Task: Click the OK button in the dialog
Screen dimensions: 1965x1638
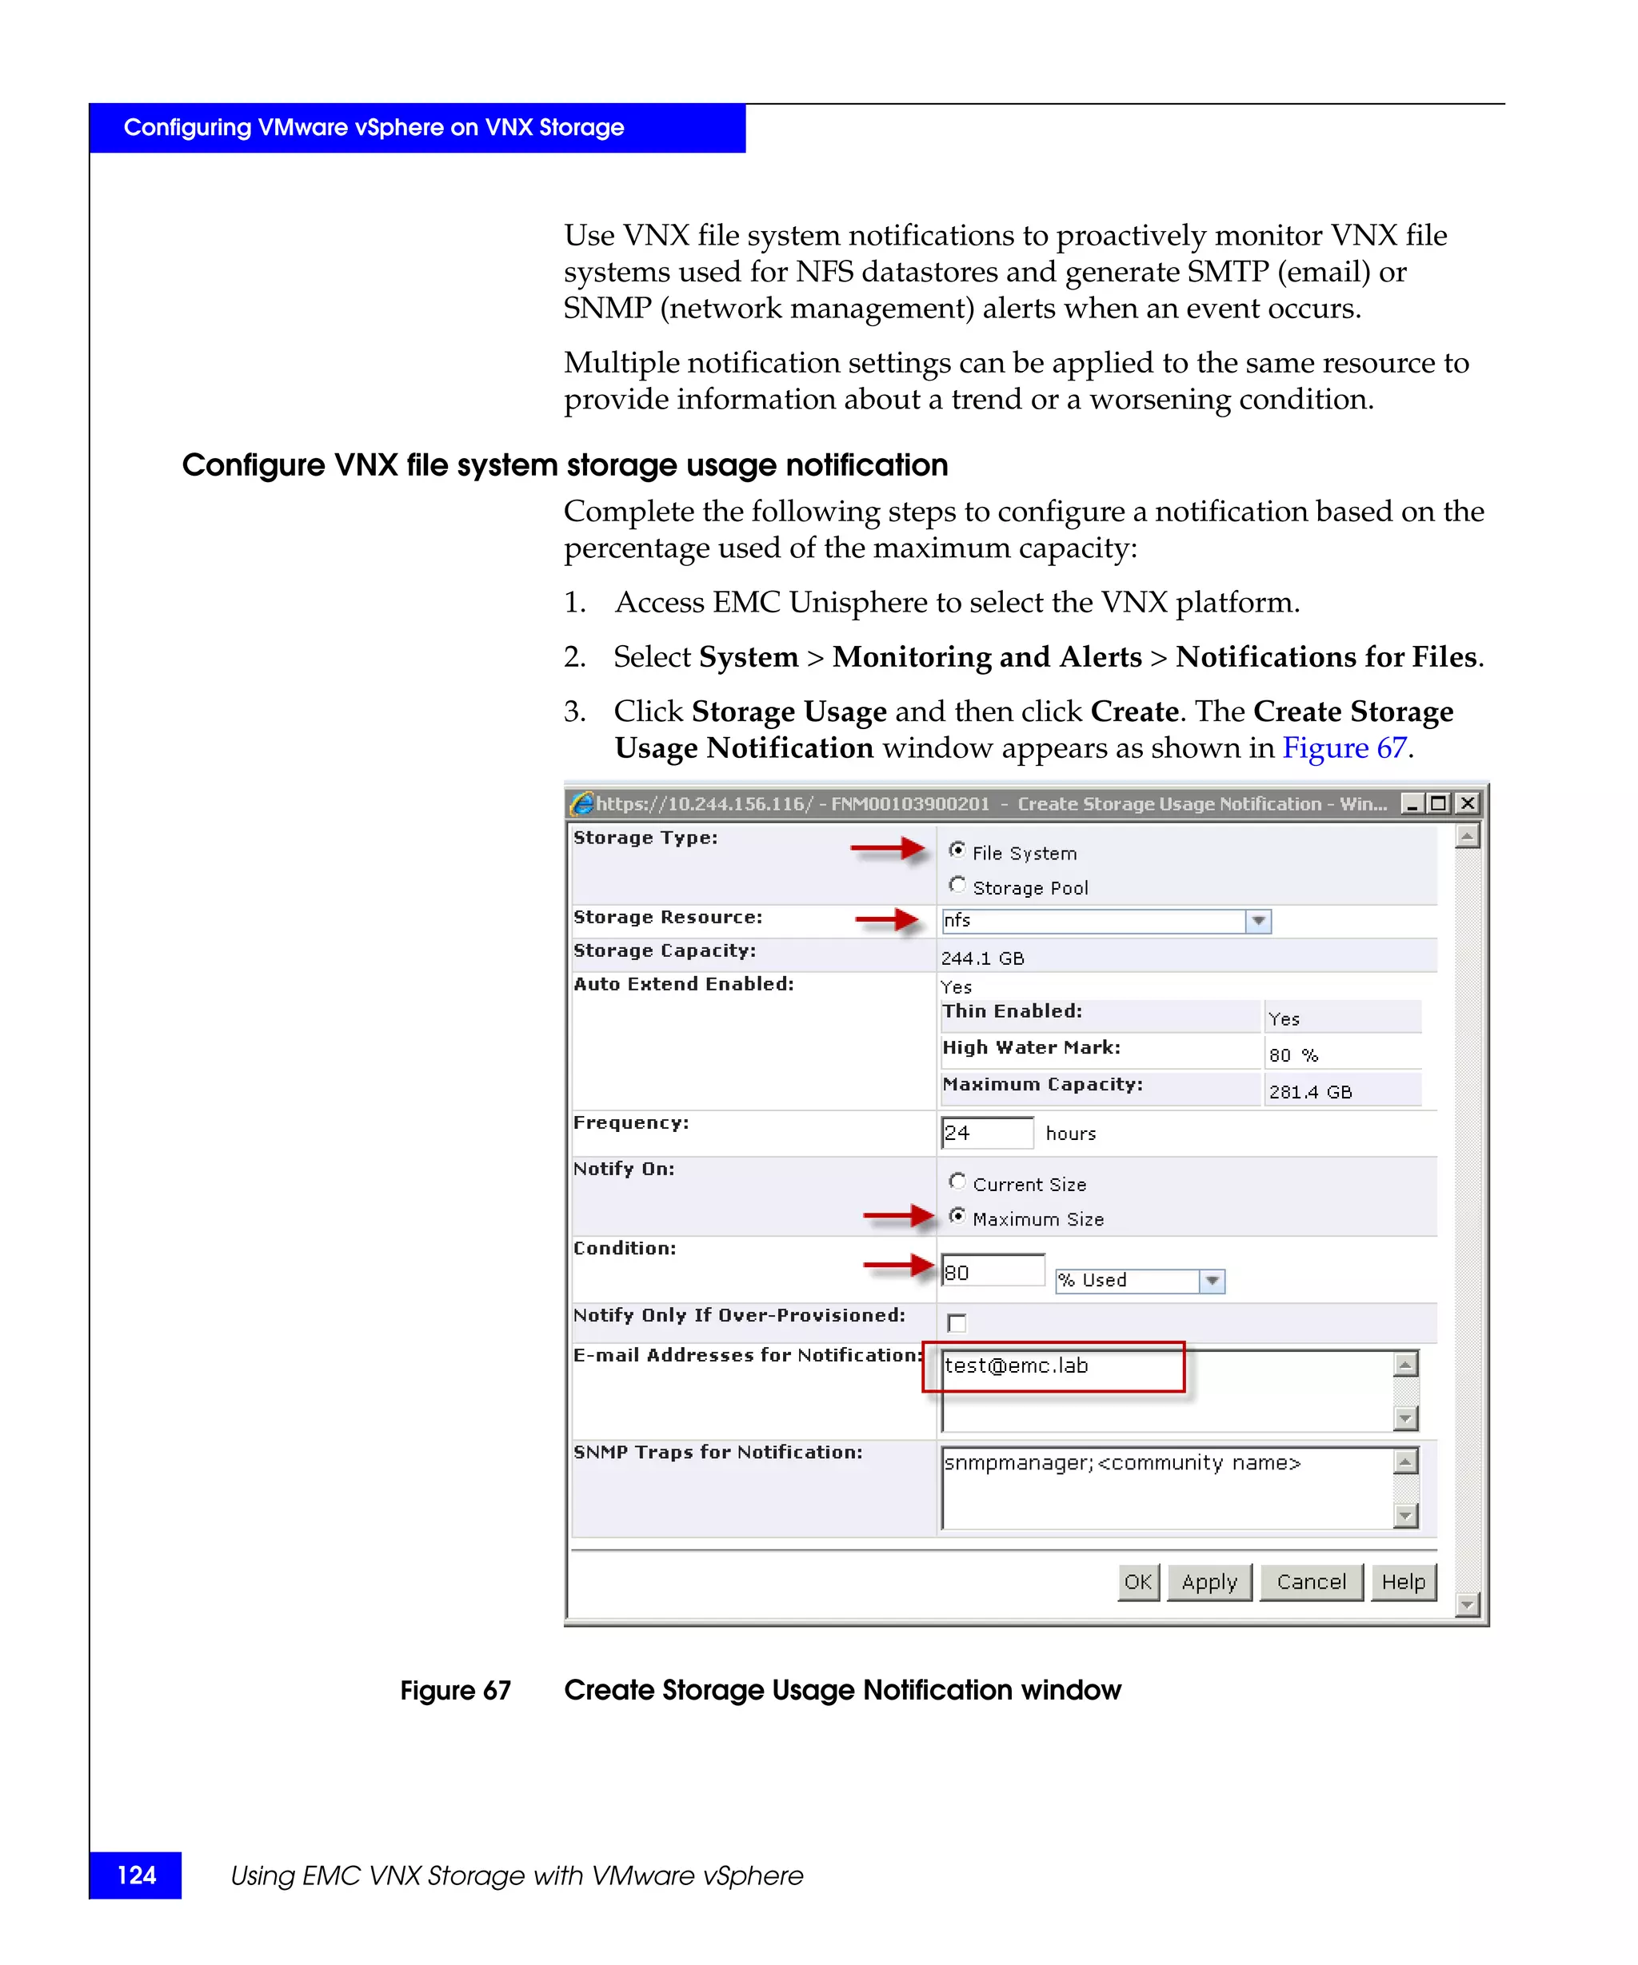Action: coord(1137,1582)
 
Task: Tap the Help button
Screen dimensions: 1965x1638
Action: coord(1402,1582)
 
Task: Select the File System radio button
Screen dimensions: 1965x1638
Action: coord(957,850)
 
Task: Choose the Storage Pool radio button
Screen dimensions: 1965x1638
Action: coord(957,884)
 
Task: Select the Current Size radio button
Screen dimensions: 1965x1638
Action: coord(957,1181)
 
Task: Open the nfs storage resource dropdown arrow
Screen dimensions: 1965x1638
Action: coord(1258,921)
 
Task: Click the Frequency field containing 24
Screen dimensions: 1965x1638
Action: coord(985,1133)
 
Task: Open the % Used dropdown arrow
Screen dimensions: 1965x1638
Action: coord(1213,1280)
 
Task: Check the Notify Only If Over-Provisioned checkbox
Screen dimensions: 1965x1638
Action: coord(957,1322)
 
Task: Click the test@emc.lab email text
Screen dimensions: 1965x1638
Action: coord(1016,1366)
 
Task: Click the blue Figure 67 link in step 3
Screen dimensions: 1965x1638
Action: coord(1344,747)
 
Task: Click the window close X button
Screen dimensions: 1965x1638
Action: coord(1468,803)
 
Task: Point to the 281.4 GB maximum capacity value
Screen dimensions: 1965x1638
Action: coord(1309,1092)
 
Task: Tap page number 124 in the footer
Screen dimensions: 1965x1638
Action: coord(136,1875)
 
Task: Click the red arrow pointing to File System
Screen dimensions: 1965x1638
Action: coord(887,850)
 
